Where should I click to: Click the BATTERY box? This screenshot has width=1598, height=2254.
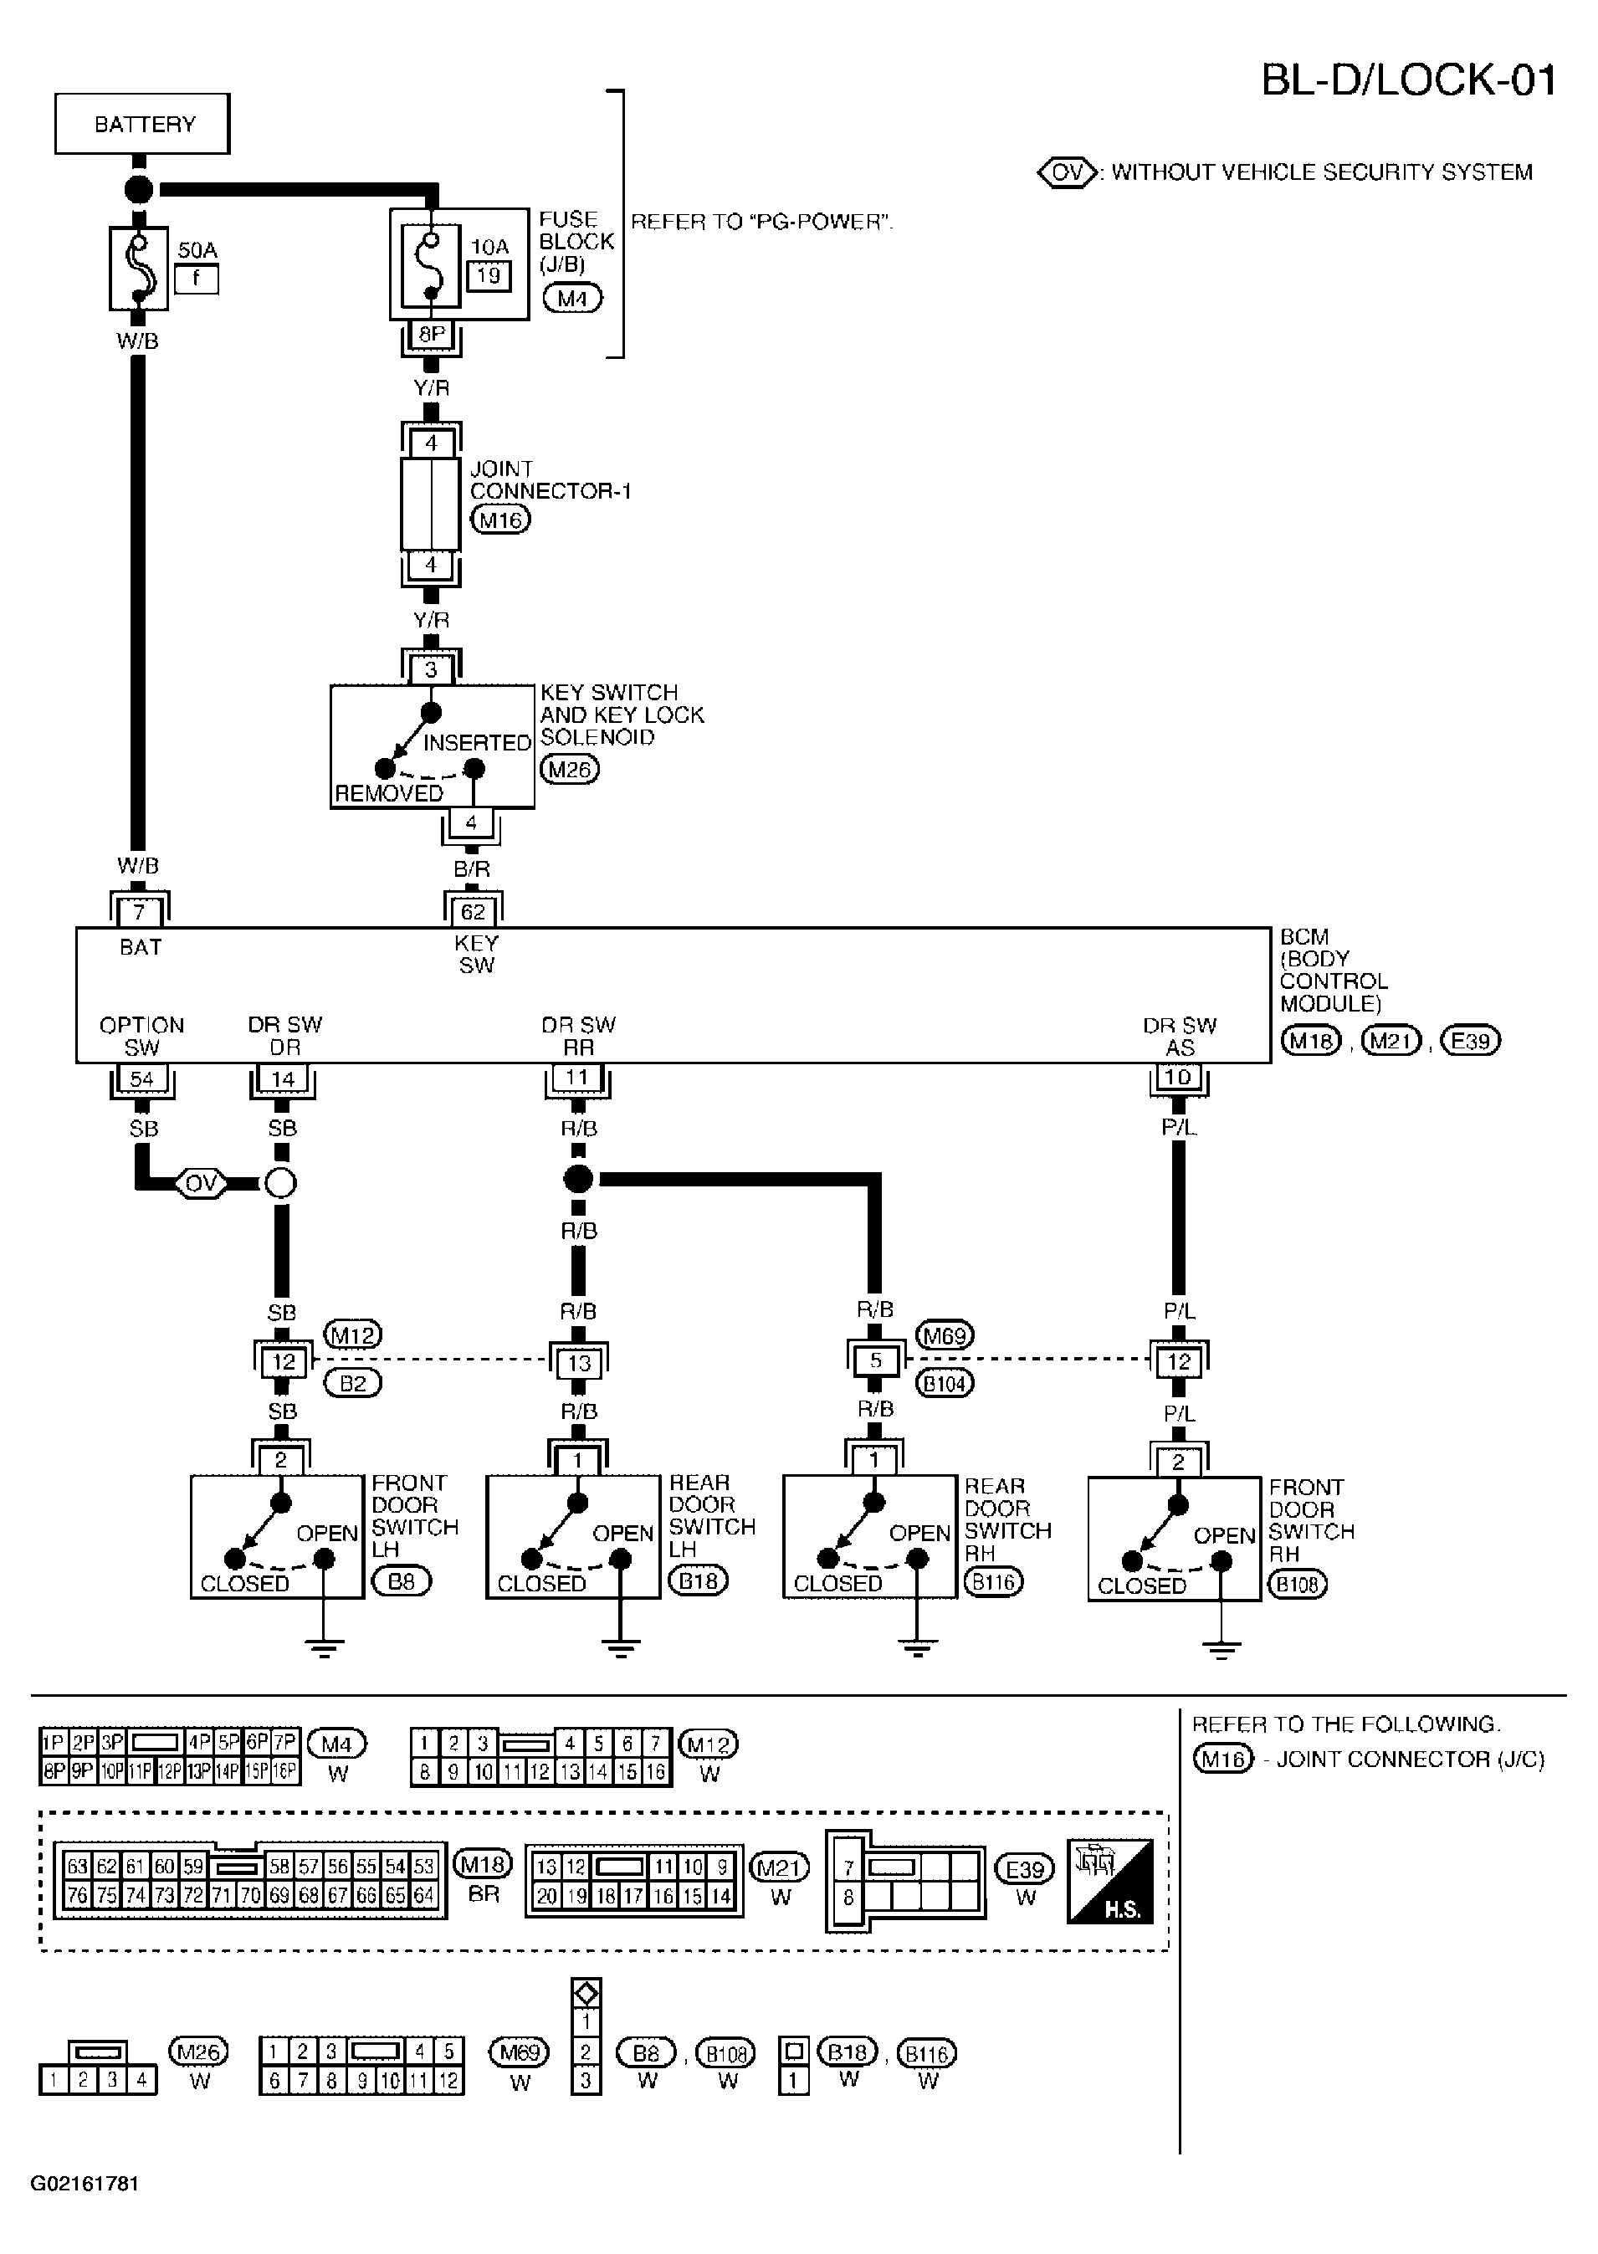143,124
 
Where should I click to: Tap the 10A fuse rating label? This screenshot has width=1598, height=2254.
489,247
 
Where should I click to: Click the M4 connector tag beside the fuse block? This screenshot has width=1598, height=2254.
572,298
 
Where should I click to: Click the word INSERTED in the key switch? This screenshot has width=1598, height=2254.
477,743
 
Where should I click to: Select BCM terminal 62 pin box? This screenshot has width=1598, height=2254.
474,912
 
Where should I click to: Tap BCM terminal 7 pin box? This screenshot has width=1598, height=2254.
139,912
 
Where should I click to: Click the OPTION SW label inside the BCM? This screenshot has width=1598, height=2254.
141,1036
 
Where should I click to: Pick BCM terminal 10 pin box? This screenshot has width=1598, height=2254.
1178,1078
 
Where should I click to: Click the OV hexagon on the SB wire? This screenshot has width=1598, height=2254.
201,1182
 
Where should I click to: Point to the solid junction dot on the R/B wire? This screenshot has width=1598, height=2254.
579,1178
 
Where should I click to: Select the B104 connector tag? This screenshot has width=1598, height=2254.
945,1383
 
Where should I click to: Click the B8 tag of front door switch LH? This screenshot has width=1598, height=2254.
402,1581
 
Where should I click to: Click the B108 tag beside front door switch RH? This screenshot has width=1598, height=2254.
1298,1584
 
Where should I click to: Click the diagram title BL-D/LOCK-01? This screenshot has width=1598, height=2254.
1409,79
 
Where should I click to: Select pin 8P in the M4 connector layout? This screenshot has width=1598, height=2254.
54,1772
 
